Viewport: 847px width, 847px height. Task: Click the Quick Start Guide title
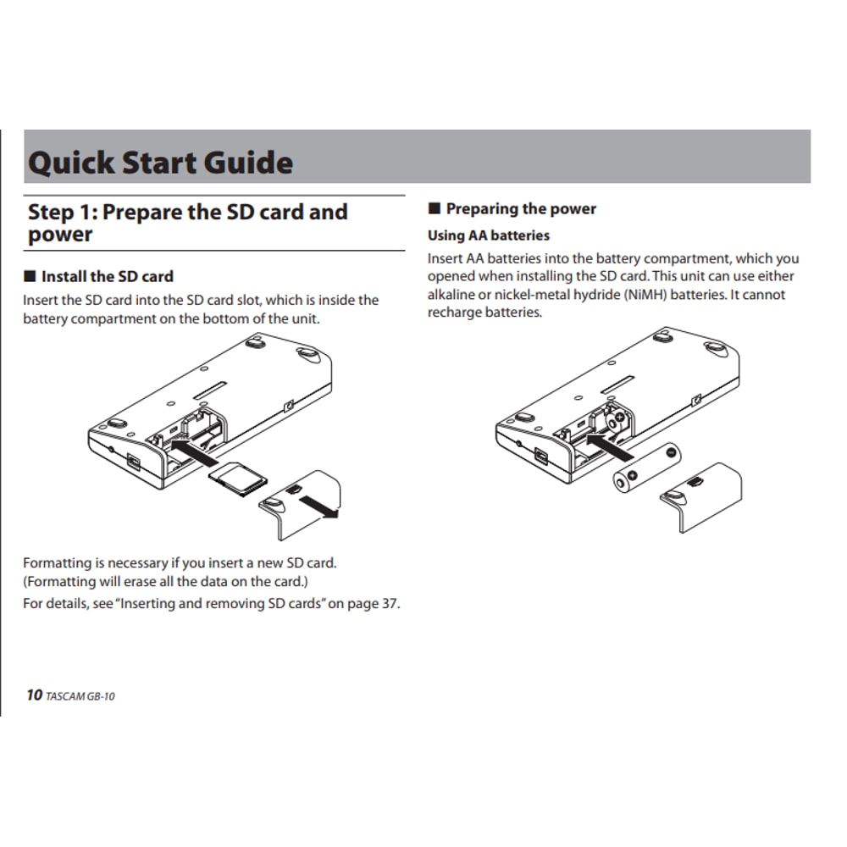[x=161, y=162]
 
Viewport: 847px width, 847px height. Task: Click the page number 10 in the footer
[x=34, y=695]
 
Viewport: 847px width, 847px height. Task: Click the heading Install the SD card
[x=107, y=276]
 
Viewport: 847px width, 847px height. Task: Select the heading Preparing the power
[x=521, y=208]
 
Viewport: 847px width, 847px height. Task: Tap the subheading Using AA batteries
[x=489, y=235]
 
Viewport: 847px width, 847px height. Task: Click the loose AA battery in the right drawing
[x=647, y=468]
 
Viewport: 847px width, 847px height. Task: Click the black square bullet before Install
[x=30, y=276]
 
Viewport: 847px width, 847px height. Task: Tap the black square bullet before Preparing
[x=435, y=208]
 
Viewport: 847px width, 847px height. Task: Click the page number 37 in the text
[x=389, y=604]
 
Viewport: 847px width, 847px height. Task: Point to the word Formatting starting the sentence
[x=57, y=562]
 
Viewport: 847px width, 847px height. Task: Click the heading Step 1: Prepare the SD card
[x=188, y=212]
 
